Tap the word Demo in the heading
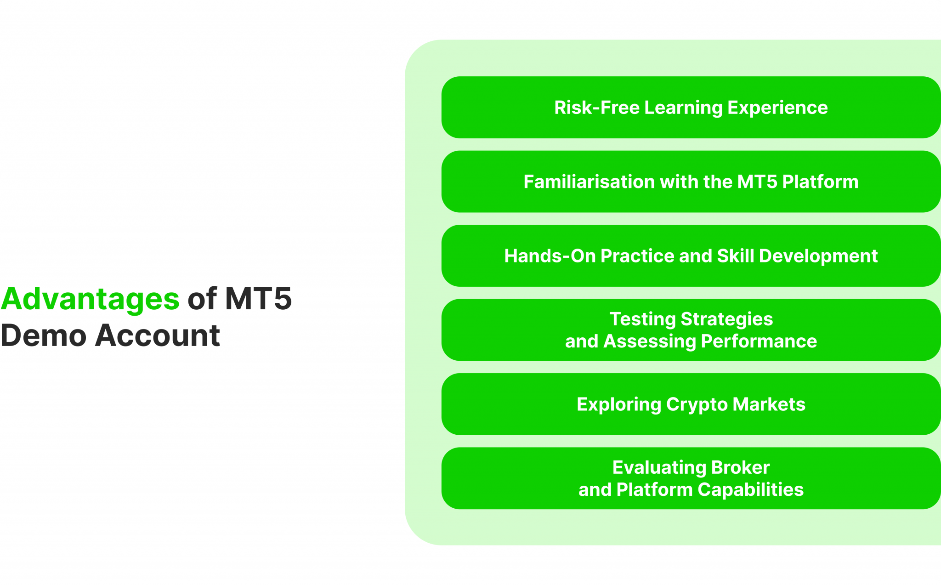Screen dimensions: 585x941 tap(44, 335)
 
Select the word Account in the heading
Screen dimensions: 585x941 tap(157, 335)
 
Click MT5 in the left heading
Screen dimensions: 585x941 tap(258, 299)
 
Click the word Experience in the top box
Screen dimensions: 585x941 tap(777, 108)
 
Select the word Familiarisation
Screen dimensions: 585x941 tap(589, 182)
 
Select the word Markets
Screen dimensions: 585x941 tap(769, 404)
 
